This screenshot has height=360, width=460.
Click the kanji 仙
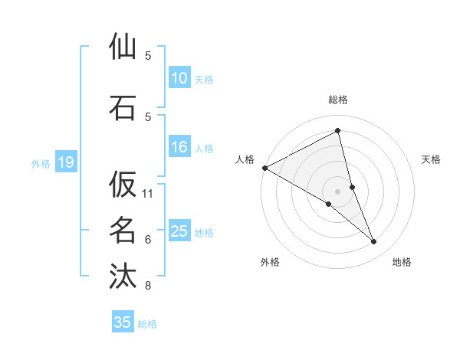tap(123, 48)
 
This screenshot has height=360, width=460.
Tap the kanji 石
tap(123, 107)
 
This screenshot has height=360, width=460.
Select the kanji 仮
tap(123, 185)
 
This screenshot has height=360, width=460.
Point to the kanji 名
tap(123, 230)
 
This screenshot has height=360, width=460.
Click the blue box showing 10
tap(179, 79)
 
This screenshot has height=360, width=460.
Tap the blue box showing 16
tap(179, 148)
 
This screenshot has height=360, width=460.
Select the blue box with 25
tap(179, 232)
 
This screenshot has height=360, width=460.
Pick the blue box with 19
tap(65, 162)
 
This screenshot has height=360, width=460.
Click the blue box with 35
tap(123, 322)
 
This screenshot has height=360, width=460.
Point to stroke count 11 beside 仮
tap(148, 194)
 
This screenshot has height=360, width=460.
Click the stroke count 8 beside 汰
tap(148, 286)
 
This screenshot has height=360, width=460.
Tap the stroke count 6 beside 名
tap(148, 240)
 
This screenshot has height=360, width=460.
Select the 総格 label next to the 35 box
tap(147, 324)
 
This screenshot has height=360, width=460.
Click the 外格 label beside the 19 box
tap(40, 163)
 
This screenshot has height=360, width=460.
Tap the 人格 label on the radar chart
tap(245, 159)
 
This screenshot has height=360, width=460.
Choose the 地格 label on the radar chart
tap(402, 262)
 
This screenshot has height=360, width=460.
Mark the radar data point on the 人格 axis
tap(264, 168)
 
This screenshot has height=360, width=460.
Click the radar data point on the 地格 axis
tap(374, 242)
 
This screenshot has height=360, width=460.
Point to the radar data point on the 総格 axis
tap(337, 131)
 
